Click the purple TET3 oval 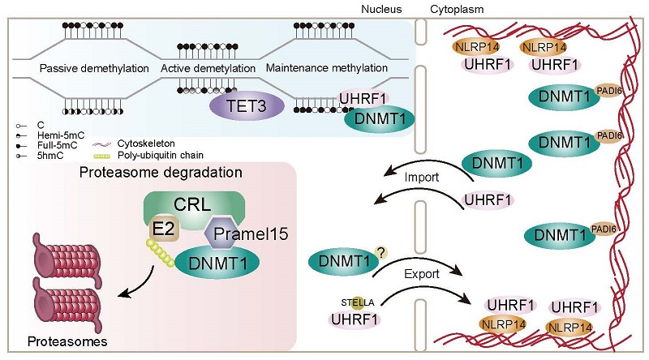241,105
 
